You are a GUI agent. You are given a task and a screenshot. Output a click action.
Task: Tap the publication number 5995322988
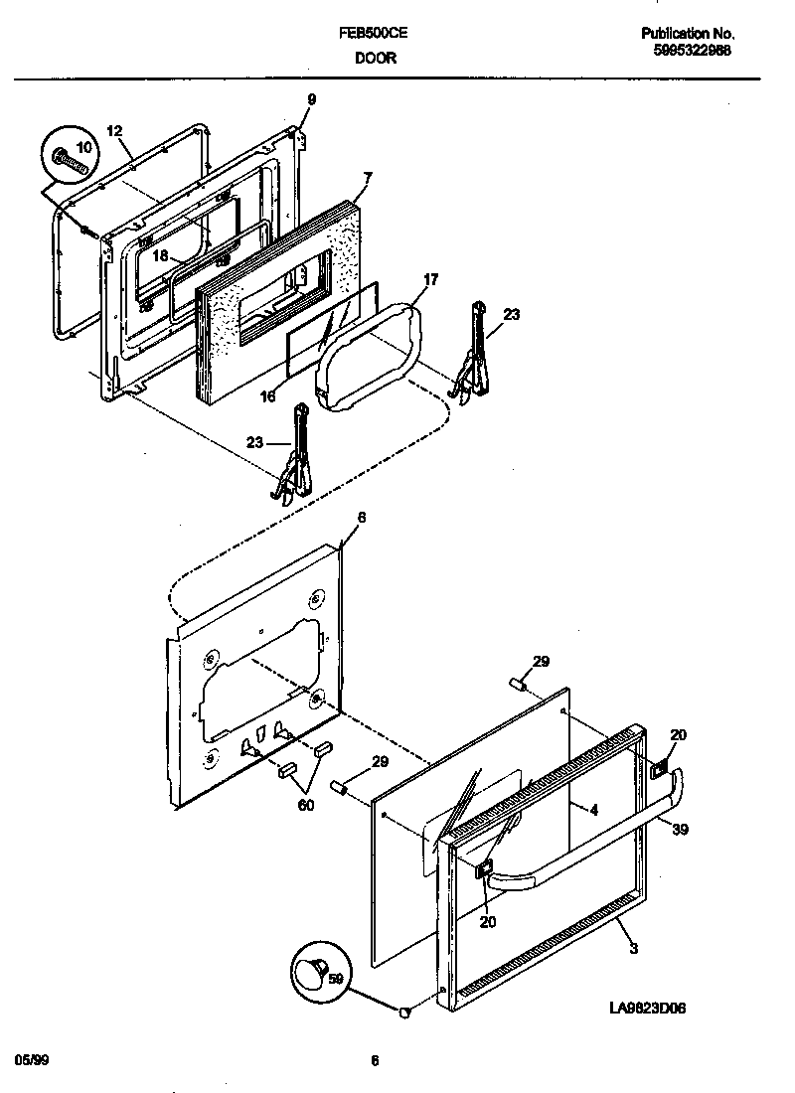693,51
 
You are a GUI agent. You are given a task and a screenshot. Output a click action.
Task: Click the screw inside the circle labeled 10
71,158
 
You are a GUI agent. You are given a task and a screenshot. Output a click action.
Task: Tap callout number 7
367,179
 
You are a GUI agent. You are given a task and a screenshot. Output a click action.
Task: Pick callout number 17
430,281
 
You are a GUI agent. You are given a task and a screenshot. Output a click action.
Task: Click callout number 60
305,805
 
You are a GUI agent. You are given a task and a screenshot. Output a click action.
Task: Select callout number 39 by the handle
680,829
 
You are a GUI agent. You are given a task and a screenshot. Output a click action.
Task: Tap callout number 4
593,810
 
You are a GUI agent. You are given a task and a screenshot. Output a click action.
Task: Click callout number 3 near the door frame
633,948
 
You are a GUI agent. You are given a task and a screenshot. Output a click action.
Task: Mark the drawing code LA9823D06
648,1008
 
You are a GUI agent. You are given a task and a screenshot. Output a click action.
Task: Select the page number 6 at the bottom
375,1060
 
